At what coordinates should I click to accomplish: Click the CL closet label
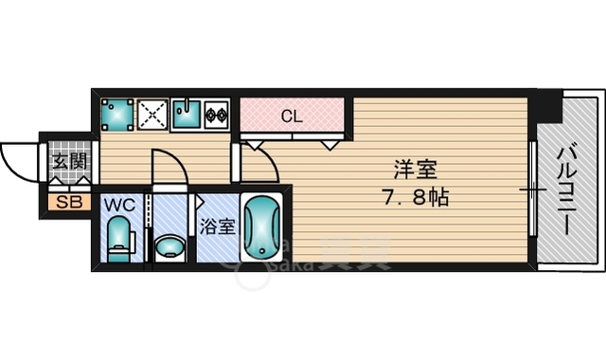point(291,117)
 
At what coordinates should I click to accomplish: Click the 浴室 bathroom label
point(216,226)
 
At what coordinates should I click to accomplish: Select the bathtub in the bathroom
point(262,228)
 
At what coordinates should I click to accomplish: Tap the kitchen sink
point(186,115)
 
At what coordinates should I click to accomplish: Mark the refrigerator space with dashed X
point(151,115)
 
